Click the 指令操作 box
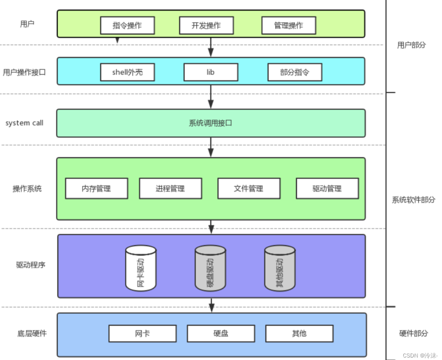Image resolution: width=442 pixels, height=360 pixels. pos(127,25)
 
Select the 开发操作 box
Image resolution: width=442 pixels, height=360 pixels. pos(206,25)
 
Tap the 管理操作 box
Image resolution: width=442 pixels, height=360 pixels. pos(289,25)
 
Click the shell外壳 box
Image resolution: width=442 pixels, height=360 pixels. pos(127,72)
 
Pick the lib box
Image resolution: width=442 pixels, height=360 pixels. pos(211,72)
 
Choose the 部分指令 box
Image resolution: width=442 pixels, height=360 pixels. pos(295,72)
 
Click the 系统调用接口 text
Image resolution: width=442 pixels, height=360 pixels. pos(210,123)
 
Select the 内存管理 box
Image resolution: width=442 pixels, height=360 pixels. pos(96,188)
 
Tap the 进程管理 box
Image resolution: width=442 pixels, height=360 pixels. pos(170,188)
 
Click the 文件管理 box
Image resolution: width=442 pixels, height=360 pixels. pos(249,188)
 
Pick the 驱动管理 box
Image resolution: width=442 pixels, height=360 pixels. pos(327,188)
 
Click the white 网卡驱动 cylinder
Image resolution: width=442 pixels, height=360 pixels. pos(141,268)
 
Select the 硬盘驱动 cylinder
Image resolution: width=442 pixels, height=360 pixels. pos(210,268)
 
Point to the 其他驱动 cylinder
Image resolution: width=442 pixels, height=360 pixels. pos(280,268)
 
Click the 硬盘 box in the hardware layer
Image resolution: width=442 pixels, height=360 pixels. pos(221,333)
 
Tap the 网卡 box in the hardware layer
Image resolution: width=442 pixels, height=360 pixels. pos(143,333)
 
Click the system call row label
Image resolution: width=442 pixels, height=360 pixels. pos(24,123)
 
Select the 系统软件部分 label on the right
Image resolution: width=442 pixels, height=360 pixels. pos(413,200)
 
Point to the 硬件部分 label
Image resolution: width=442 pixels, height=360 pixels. pos(414,333)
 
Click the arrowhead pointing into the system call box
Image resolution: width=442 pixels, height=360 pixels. pos(210,104)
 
